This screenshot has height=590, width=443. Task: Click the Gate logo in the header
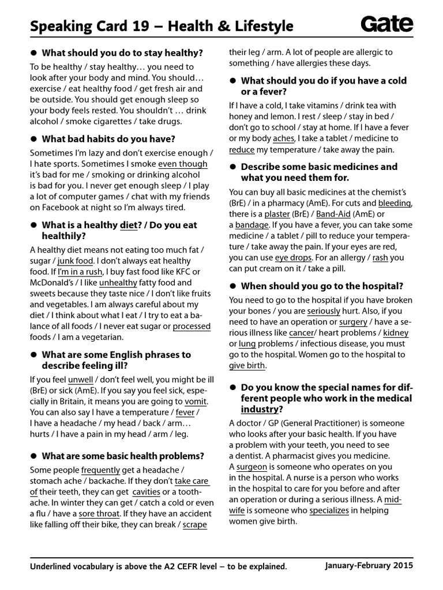(386, 24)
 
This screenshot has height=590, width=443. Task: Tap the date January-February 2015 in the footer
(369, 566)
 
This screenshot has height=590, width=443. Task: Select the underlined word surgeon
(251, 467)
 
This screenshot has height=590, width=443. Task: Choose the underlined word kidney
(396, 332)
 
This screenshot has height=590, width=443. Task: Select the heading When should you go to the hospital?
(322, 286)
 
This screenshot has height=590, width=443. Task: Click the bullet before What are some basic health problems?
(34, 456)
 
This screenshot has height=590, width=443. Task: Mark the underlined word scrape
(196, 524)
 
